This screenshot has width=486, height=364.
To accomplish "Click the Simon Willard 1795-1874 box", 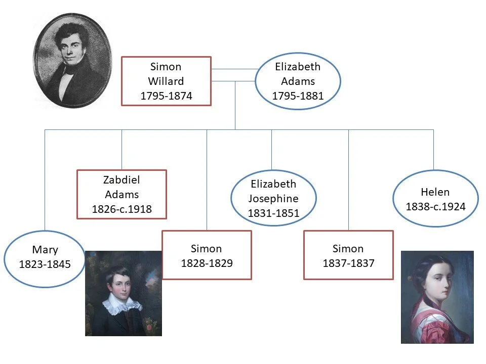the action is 166,81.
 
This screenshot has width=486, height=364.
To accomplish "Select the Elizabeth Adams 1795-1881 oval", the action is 298,81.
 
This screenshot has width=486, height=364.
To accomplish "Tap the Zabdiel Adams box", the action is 121,194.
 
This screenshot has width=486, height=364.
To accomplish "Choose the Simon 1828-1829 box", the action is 207,255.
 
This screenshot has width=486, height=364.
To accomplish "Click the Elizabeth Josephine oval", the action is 273,198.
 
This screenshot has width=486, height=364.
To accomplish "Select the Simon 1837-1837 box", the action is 348,255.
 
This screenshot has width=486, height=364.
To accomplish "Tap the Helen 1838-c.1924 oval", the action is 435,198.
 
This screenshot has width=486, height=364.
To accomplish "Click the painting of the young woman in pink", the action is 437,297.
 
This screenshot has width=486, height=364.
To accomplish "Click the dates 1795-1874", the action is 166,96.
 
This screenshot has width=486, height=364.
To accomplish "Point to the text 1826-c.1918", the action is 121,209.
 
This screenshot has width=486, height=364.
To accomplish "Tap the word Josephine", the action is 273,199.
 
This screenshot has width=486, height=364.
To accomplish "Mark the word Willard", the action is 166,81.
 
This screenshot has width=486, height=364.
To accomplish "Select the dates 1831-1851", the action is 273,213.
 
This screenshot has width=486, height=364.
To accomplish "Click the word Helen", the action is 435,192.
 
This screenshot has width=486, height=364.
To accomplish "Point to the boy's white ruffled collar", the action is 121,304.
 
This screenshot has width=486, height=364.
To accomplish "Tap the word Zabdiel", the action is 121,180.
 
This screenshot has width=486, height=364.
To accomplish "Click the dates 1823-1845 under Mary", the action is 45,264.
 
